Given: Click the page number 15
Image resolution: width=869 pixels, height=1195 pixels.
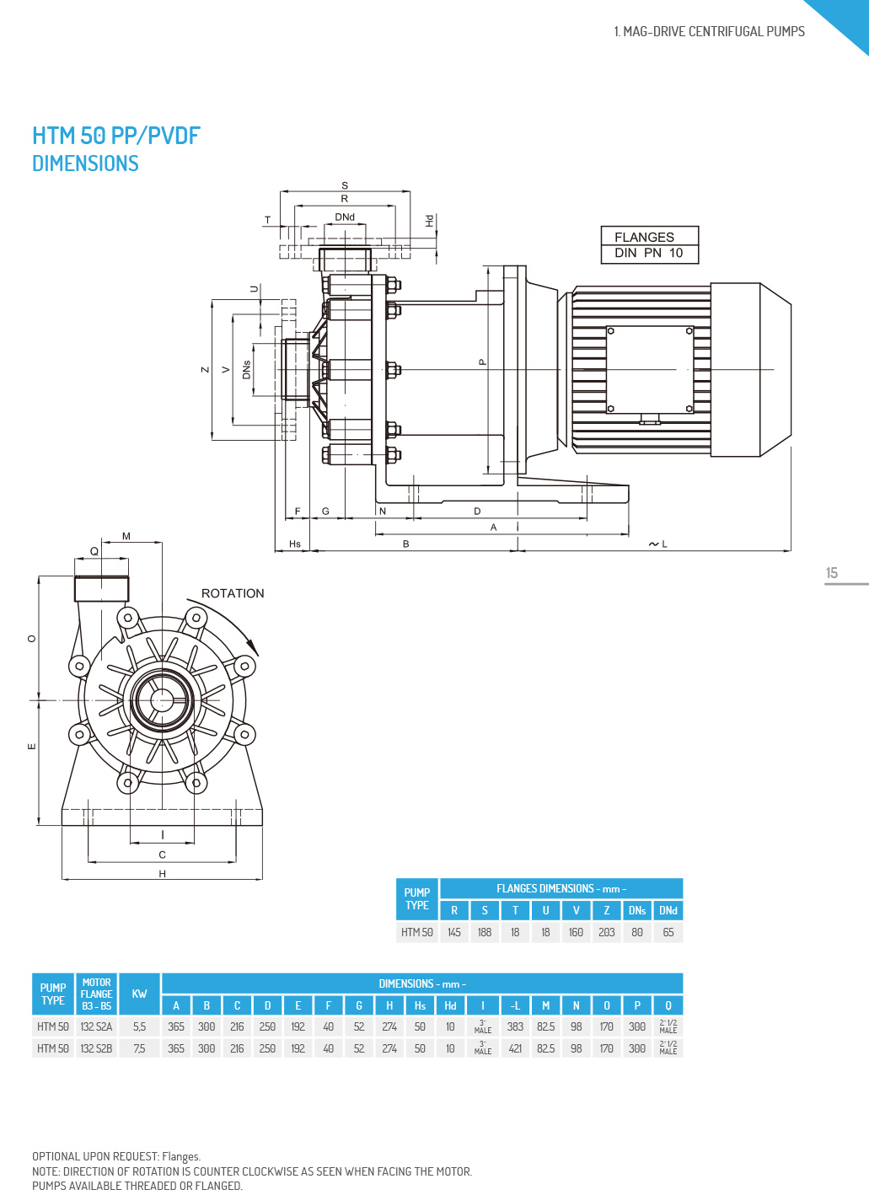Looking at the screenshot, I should point(832,573).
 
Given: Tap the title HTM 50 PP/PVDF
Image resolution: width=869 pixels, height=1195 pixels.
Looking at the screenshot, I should point(116,136).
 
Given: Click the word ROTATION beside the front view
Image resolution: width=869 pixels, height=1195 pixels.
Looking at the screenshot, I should point(233,593).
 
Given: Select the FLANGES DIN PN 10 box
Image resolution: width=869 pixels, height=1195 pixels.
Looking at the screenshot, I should point(650,245).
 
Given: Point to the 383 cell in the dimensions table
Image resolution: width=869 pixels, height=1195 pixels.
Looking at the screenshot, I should point(515,1026).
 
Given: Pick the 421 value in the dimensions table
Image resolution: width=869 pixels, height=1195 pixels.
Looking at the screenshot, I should point(515,1048).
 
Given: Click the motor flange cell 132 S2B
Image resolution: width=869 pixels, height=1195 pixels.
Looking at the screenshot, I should point(96,1048).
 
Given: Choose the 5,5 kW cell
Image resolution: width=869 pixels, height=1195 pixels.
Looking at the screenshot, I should point(139,1026).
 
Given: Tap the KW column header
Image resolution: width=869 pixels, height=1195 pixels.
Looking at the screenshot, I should point(139,994).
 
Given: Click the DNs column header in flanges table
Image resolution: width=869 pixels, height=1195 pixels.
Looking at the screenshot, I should point(637,910).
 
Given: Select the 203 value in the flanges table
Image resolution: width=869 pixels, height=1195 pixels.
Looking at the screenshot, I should point(607,932).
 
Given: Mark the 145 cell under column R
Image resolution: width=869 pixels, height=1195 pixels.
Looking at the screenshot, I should point(454,932).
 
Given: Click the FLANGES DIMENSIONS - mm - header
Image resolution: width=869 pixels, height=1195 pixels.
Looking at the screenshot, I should point(561,888).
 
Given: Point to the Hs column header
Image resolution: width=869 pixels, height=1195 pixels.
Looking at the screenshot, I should point(420,1005).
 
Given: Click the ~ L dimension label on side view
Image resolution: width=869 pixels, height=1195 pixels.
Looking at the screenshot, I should point(658,544).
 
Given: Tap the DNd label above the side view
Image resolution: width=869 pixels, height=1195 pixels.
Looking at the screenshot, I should point(345,217).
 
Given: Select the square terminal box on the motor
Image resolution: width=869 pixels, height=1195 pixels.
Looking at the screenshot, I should point(650,369).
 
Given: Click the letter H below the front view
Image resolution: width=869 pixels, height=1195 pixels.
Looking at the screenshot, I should point(163,874).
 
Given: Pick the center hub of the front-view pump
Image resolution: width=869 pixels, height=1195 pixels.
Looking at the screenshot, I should point(161,699).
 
